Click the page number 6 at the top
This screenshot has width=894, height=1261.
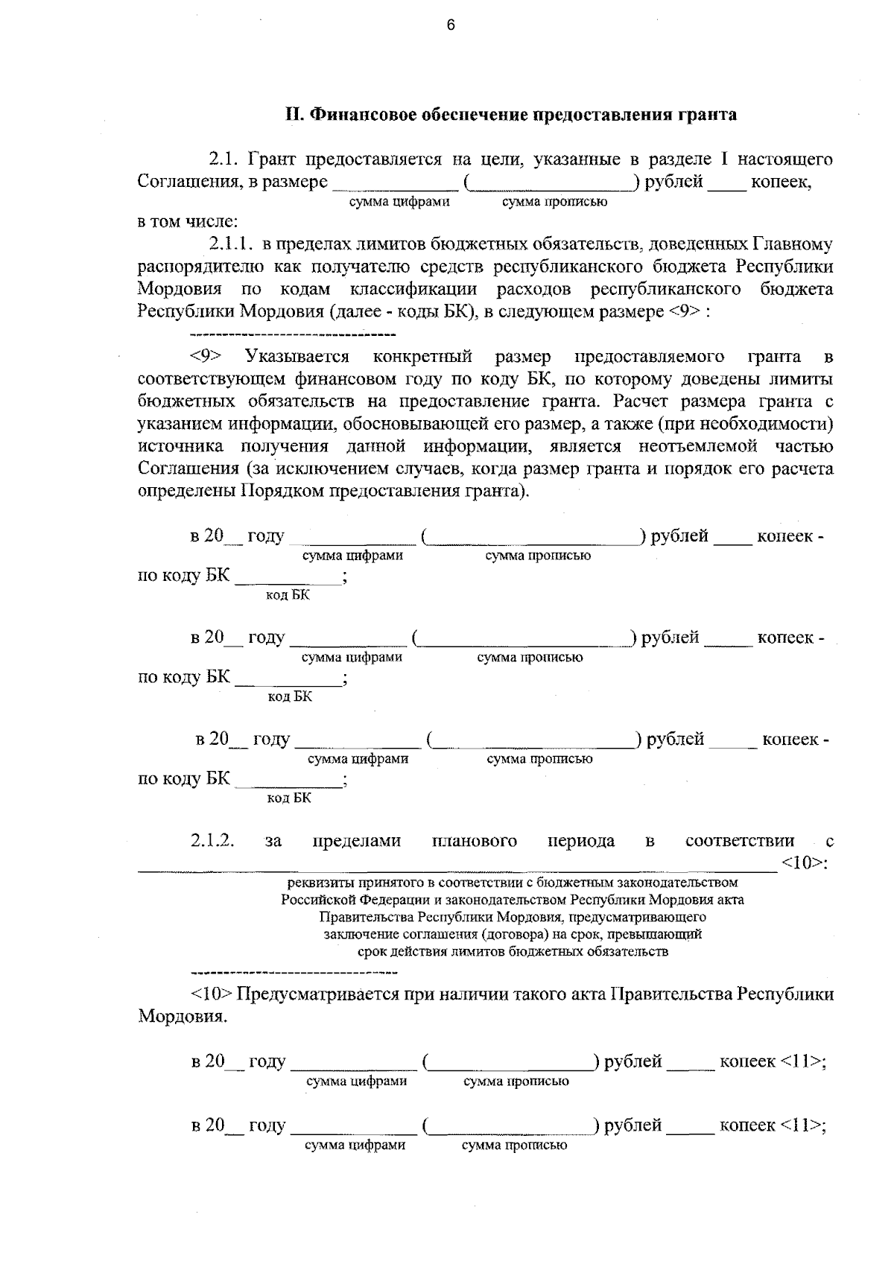coord(450,25)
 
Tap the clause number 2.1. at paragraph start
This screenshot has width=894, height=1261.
coord(223,159)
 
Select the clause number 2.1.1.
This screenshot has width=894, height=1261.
coord(229,244)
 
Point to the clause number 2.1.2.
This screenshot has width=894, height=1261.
coord(213,841)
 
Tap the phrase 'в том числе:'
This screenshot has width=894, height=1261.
coord(188,221)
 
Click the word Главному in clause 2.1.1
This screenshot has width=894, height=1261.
coord(793,244)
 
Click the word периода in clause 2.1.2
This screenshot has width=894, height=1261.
coord(581,841)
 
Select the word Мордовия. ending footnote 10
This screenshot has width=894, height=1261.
coord(183,1017)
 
